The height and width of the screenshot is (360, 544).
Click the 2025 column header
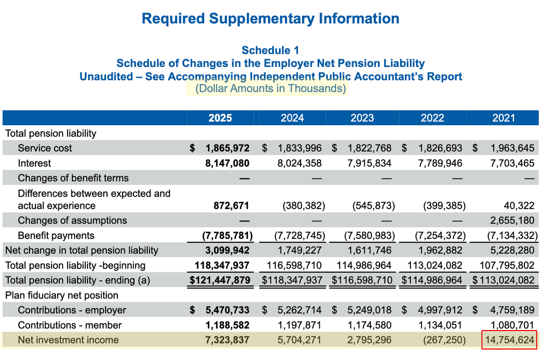click(x=220, y=118)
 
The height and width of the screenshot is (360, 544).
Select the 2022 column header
click(x=432, y=118)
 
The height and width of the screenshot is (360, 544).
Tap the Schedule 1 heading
click(x=270, y=50)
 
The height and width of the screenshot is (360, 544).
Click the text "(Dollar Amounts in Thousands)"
click(x=271, y=89)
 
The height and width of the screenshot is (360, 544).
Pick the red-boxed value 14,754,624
click(x=510, y=340)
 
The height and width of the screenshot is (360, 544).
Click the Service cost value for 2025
click(x=227, y=148)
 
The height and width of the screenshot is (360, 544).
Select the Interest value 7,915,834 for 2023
click(x=369, y=163)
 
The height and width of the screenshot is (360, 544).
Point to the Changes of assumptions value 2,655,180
click(x=512, y=221)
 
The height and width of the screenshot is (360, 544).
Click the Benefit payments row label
click(x=56, y=236)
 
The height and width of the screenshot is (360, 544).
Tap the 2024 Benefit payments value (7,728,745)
click(x=300, y=236)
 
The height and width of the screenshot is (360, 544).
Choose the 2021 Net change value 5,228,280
click(x=512, y=250)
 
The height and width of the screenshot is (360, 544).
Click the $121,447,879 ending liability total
click(x=220, y=280)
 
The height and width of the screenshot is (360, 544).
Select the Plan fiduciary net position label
click(x=62, y=295)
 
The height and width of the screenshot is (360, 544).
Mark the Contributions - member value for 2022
click(x=440, y=325)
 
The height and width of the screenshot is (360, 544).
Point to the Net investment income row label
click(x=68, y=340)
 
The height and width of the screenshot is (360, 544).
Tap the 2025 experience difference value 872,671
click(x=231, y=206)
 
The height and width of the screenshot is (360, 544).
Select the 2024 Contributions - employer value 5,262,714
click(x=299, y=310)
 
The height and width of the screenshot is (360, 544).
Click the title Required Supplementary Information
click(x=270, y=19)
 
